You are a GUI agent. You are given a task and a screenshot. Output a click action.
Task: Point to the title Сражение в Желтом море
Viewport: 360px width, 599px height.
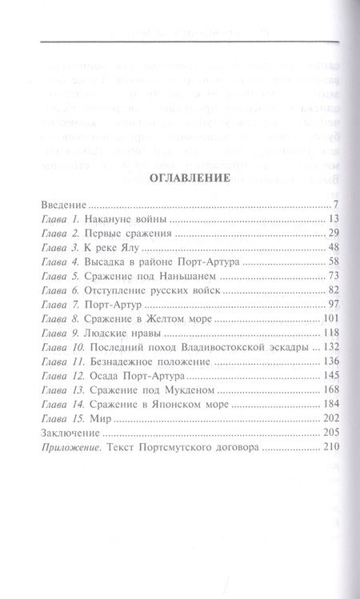pyautogui.click(x=138, y=319)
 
